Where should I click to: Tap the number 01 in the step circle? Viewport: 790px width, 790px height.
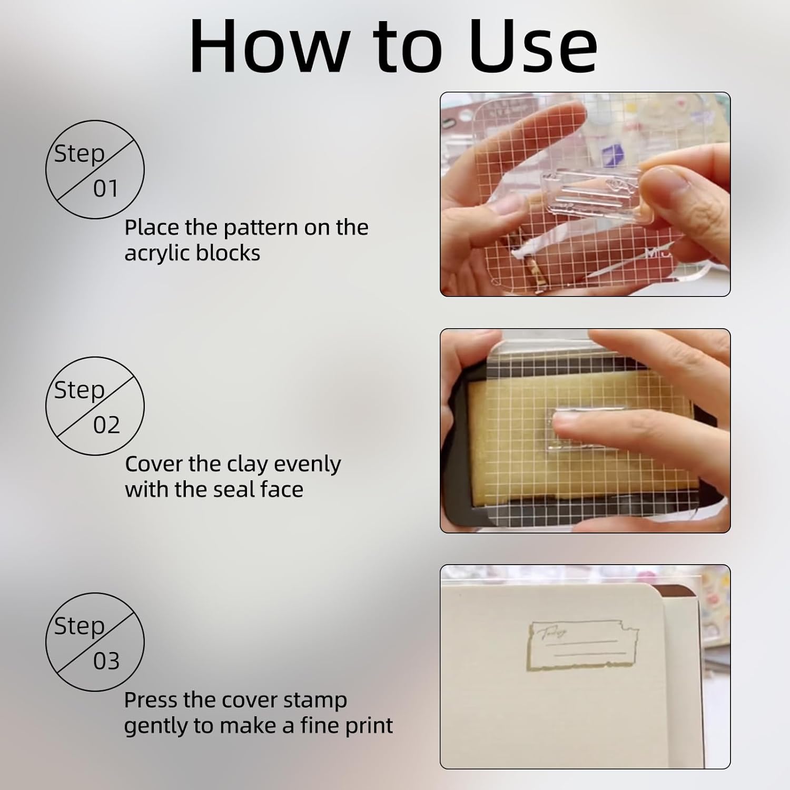point(106,189)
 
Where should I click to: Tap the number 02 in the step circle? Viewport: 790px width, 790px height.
point(106,425)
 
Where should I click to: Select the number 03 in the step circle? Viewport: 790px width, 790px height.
point(106,661)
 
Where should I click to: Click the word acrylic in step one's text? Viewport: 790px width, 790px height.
point(156,254)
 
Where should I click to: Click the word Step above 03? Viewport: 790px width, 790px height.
point(80,626)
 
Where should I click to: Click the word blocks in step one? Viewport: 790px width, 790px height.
point(228,253)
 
